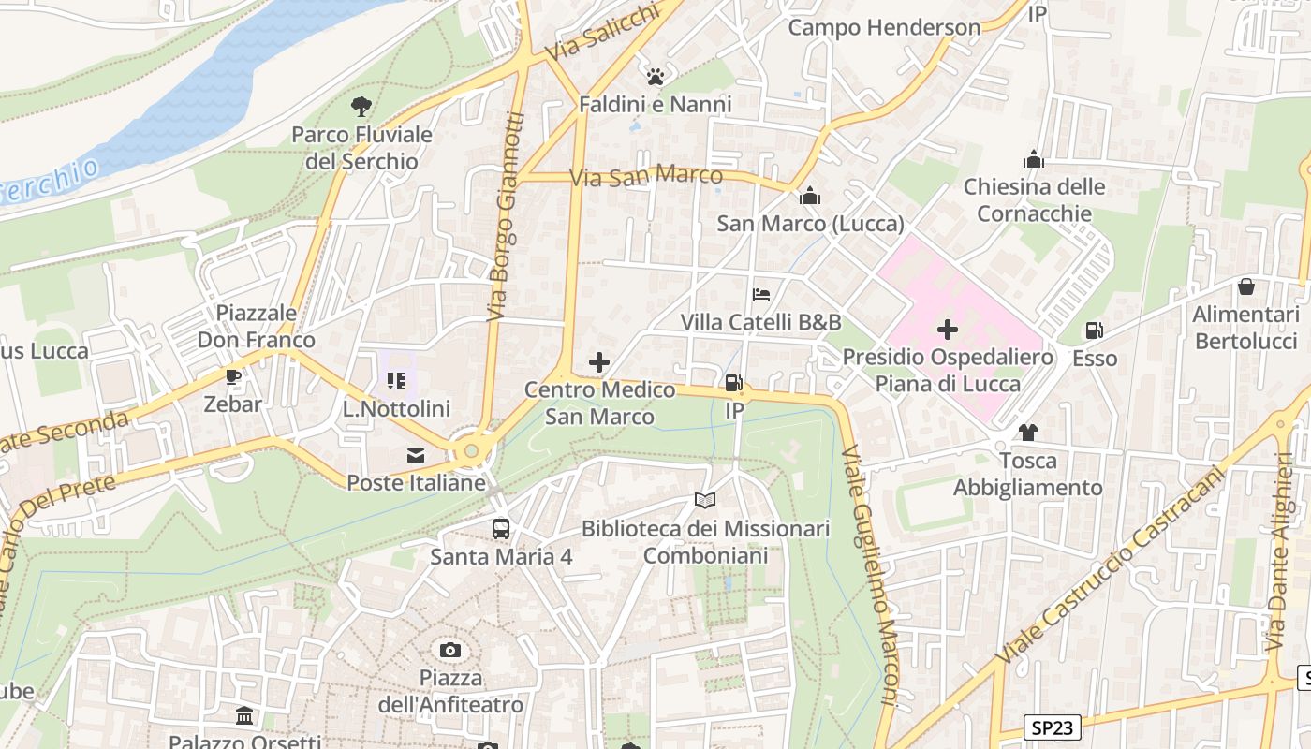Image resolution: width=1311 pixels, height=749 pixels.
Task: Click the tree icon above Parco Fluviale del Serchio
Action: coord(361,107)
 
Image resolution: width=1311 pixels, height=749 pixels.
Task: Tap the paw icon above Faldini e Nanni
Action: coord(655,76)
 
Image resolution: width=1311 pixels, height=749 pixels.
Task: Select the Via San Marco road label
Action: coord(646,176)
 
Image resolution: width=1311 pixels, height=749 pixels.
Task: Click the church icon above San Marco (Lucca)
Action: coord(810,196)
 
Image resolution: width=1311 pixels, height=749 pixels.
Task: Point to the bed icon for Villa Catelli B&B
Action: coord(761,295)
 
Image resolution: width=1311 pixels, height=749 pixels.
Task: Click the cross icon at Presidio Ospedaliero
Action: coord(948,330)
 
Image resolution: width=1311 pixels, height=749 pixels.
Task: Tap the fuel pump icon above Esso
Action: coord(1094,330)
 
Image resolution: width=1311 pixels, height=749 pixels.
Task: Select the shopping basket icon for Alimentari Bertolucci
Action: coord(1245,286)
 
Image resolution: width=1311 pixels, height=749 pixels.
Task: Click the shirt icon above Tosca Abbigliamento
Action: coord(1027,433)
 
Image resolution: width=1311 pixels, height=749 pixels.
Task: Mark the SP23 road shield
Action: coord(1052,727)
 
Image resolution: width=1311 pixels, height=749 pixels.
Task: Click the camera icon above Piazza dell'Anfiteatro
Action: coord(450,650)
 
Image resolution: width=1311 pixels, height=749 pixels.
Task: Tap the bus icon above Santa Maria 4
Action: coord(501,529)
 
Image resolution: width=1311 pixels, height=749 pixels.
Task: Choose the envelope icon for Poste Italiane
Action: coord(416,456)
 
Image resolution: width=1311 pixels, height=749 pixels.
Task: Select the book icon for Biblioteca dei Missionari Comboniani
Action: coord(705,501)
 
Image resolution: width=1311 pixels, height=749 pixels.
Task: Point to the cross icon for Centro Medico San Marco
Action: coord(599,362)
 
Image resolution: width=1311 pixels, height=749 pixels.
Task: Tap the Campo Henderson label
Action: coord(884,27)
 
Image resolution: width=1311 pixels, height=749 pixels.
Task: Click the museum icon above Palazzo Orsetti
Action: coord(244,716)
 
